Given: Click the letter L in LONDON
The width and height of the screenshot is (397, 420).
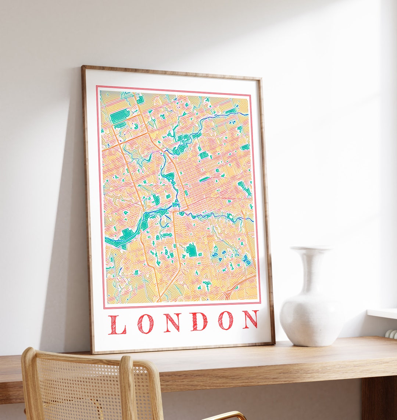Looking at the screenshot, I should [117, 325].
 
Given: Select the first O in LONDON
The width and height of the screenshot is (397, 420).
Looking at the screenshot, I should [144, 323].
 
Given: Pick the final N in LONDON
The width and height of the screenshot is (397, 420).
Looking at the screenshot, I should [250, 319].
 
